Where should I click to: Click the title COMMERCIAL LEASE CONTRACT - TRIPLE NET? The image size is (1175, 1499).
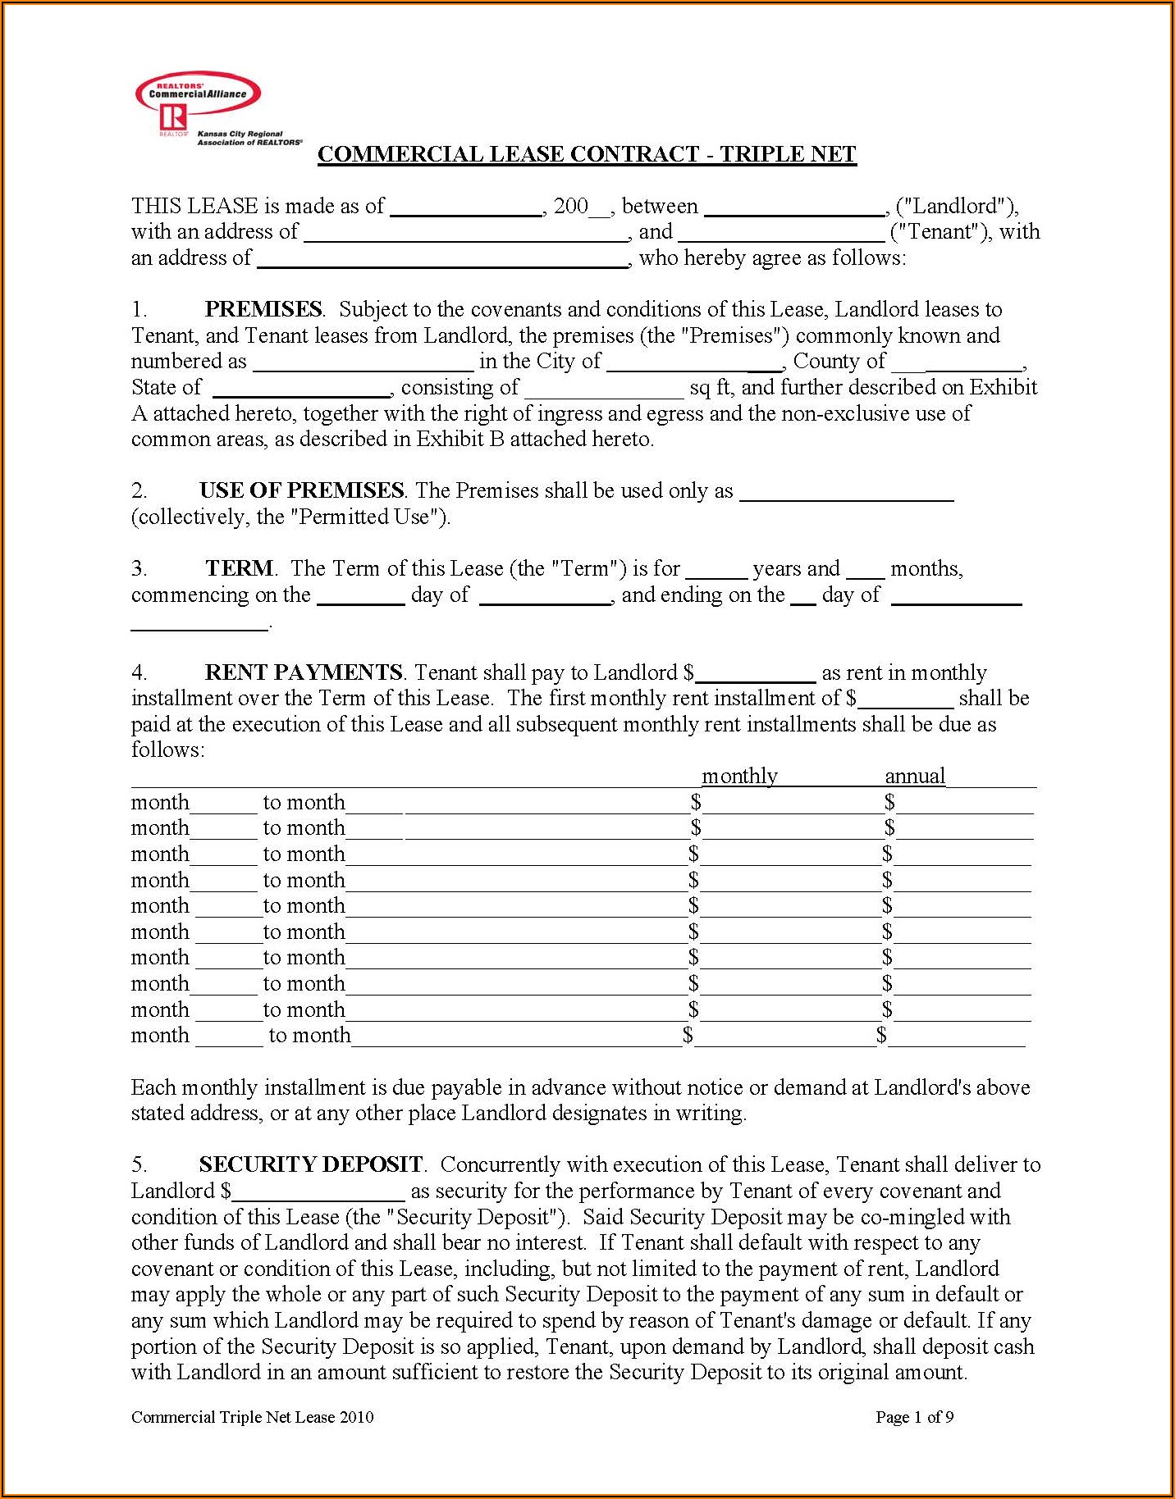click(x=587, y=154)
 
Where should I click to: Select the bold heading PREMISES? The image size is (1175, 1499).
click(x=263, y=309)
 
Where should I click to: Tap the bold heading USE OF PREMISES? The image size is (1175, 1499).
click(x=301, y=490)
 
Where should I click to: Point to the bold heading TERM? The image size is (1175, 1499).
click(x=240, y=568)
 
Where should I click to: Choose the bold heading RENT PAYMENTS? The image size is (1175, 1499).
click(x=303, y=672)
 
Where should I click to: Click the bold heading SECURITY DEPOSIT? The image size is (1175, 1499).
click(x=310, y=1164)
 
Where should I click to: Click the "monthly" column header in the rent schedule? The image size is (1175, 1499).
click(x=739, y=776)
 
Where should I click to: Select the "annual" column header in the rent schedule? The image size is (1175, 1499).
click(x=915, y=776)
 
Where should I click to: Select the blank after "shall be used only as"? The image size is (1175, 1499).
click(x=846, y=493)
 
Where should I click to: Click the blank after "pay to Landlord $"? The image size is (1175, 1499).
click(x=755, y=675)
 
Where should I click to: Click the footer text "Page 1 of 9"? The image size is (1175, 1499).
click(x=914, y=1417)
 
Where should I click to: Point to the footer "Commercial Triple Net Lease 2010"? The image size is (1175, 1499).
click(x=252, y=1417)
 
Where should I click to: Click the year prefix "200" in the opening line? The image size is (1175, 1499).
click(x=571, y=206)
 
